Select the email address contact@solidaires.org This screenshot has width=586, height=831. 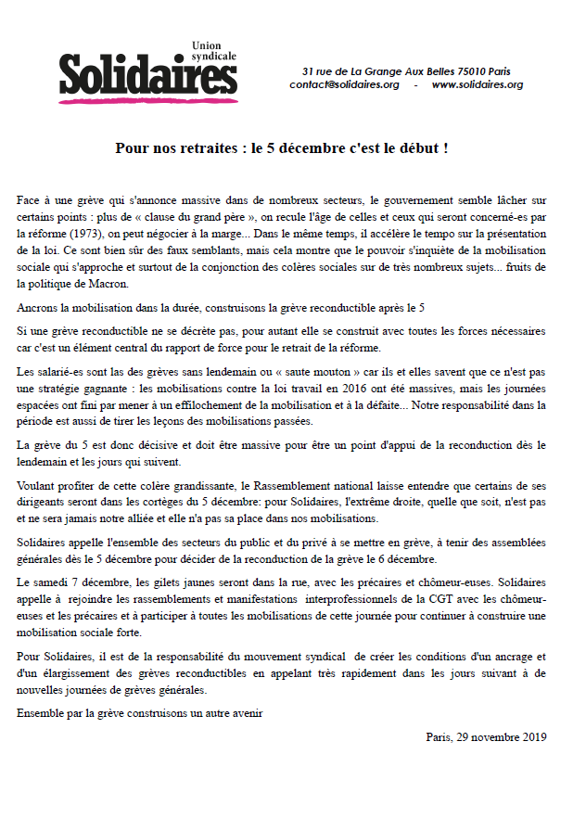coord(344,85)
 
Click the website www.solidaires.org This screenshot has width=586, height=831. coord(478,85)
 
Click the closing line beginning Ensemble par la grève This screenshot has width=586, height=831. coord(140,713)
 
